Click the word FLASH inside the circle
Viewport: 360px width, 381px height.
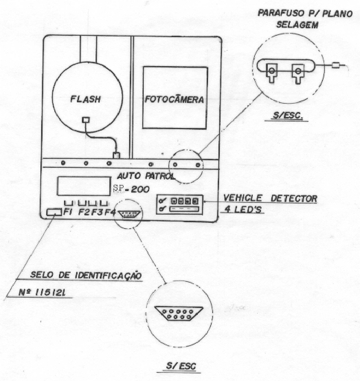(x=85, y=99)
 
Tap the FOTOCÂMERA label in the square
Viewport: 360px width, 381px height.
(x=174, y=99)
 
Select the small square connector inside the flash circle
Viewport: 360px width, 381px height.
(x=86, y=120)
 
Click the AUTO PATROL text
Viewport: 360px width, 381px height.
(x=146, y=176)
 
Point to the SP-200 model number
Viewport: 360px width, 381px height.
(x=131, y=189)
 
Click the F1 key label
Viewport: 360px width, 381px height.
(x=68, y=212)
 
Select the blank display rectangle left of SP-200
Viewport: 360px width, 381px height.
(x=84, y=186)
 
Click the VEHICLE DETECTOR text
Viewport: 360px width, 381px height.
(x=270, y=198)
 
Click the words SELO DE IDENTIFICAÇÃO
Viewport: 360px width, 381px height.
(x=86, y=275)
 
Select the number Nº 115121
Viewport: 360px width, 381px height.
(x=42, y=293)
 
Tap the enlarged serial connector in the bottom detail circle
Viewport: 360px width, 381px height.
(x=179, y=314)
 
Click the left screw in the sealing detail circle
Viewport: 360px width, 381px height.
(x=272, y=73)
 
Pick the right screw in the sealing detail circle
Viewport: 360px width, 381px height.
(x=298, y=73)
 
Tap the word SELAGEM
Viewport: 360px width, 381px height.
(x=297, y=25)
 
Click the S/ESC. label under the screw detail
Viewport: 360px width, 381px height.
(x=288, y=115)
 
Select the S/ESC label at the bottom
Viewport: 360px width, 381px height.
(x=181, y=366)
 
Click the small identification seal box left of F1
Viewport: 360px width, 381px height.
(x=54, y=212)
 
